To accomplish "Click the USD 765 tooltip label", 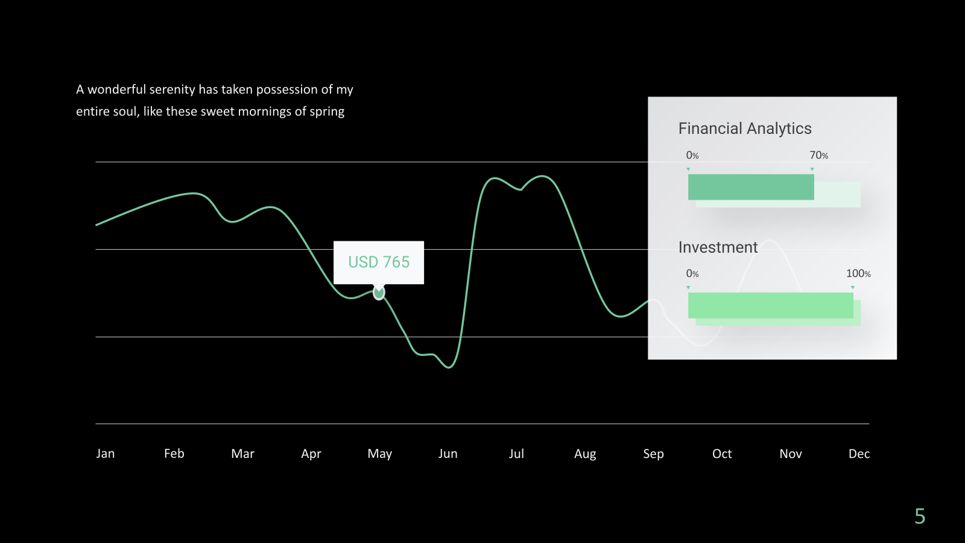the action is (379, 262).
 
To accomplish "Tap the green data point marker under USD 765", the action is (379, 293).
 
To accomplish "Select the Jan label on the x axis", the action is (106, 453).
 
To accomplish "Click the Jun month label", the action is (448, 453).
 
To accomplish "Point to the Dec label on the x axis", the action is (859, 453).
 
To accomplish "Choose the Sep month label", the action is (653, 454).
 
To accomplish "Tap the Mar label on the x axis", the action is (242, 453).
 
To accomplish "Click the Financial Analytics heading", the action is (745, 129).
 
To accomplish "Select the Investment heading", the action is (718, 247).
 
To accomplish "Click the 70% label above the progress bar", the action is (818, 155).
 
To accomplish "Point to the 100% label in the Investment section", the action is (858, 273).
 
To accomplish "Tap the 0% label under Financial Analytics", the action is (692, 155).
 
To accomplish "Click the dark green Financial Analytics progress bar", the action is (751, 187).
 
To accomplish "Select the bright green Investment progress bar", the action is (770, 305).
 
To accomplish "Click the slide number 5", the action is (920, 516).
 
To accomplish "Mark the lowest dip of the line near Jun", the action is (449, 367).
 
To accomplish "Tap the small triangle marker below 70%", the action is (812, 170).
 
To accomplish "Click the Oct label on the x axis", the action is (721, 453).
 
